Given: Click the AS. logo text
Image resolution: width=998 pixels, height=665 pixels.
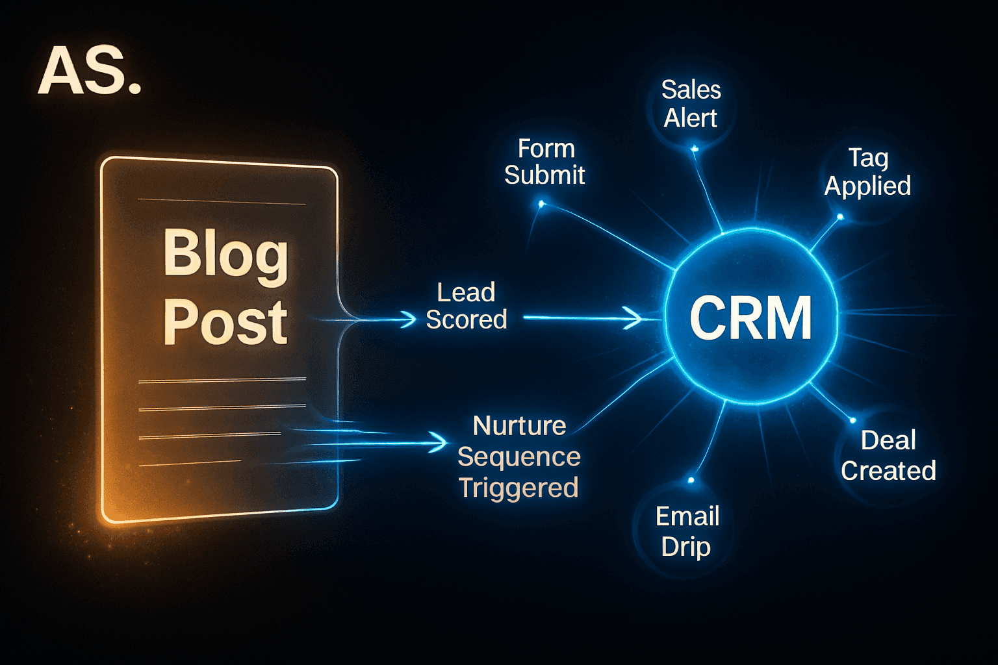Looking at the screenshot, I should tap(89, 71).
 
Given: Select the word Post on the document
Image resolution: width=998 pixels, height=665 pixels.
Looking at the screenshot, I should tap(225, 322).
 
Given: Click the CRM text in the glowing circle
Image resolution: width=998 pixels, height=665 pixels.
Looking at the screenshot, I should tap(750, 318).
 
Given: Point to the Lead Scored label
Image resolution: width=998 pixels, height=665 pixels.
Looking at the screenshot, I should tap(466, 306).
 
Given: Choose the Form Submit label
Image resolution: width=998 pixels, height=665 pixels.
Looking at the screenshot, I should tap(545, 162).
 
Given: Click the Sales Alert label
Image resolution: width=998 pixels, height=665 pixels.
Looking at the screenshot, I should tap(691, 104).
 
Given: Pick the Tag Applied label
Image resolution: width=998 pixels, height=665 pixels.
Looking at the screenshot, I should tap(867, 171).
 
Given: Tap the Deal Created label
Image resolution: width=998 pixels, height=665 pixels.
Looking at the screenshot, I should tap(888, 455).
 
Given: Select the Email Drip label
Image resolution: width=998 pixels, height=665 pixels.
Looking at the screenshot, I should tap(687, 531).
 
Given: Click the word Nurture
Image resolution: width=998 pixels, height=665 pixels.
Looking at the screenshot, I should tap(519, 426).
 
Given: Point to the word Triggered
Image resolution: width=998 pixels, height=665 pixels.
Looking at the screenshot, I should tap(518, 488).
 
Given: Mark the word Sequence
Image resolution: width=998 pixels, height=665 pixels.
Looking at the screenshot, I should tap(518, 457).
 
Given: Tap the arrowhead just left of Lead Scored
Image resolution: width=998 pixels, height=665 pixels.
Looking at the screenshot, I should tap(409, 319).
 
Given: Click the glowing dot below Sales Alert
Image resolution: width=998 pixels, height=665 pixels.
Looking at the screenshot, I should tap(695, 149).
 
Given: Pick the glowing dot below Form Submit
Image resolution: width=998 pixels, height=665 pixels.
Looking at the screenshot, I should tap(541, 205).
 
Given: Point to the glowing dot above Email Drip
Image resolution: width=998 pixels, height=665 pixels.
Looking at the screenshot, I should tap(691, 481).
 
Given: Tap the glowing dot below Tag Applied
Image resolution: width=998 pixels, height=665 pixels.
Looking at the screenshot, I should tap(840, 217).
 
